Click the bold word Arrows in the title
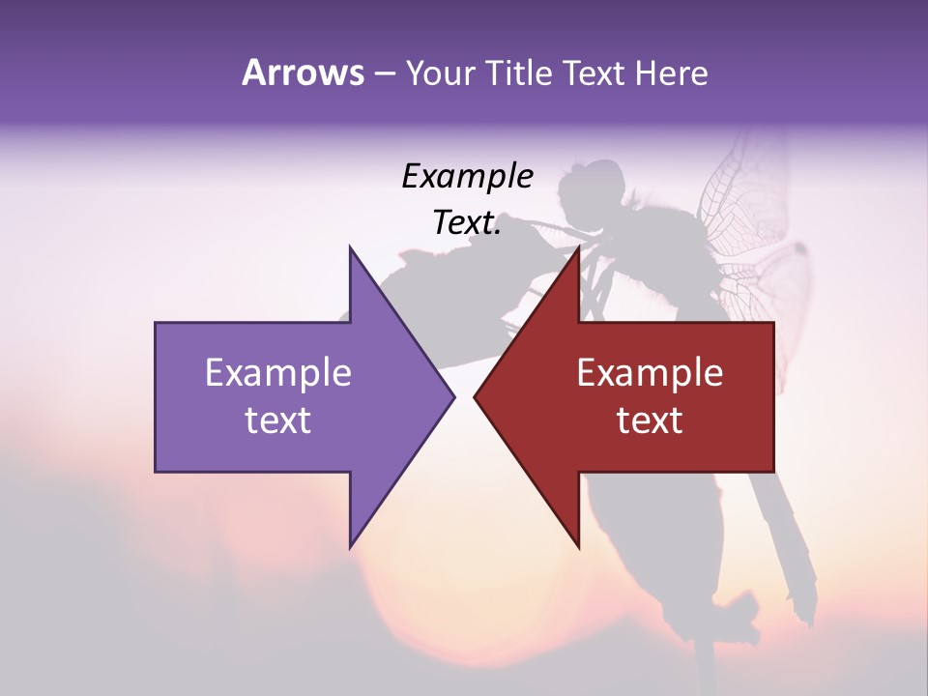303,72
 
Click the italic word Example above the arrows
467,176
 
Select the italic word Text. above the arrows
467,222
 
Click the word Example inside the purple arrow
277,373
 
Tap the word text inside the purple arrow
277,420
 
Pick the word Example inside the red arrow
650,373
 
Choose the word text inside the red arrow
650,420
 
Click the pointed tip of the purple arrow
452,396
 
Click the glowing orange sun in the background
425,619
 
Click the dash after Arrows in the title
384,73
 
